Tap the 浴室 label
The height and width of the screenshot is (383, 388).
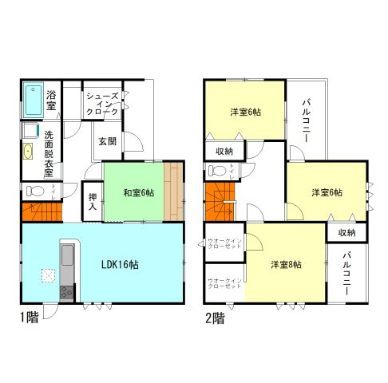51,100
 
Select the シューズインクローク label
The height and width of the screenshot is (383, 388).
103,103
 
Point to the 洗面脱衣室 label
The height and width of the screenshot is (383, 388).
49,153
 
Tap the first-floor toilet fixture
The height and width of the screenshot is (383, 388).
34,191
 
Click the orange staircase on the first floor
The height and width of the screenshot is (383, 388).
41,211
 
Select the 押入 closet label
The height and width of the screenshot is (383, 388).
92,201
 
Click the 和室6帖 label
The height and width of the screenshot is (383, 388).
138,192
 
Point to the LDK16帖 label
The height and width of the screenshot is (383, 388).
117,265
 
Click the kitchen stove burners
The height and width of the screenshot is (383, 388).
66,291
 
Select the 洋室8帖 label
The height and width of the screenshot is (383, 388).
285,265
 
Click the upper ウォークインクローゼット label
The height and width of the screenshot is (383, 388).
224,243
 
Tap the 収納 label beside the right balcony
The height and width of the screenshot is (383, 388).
346,232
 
